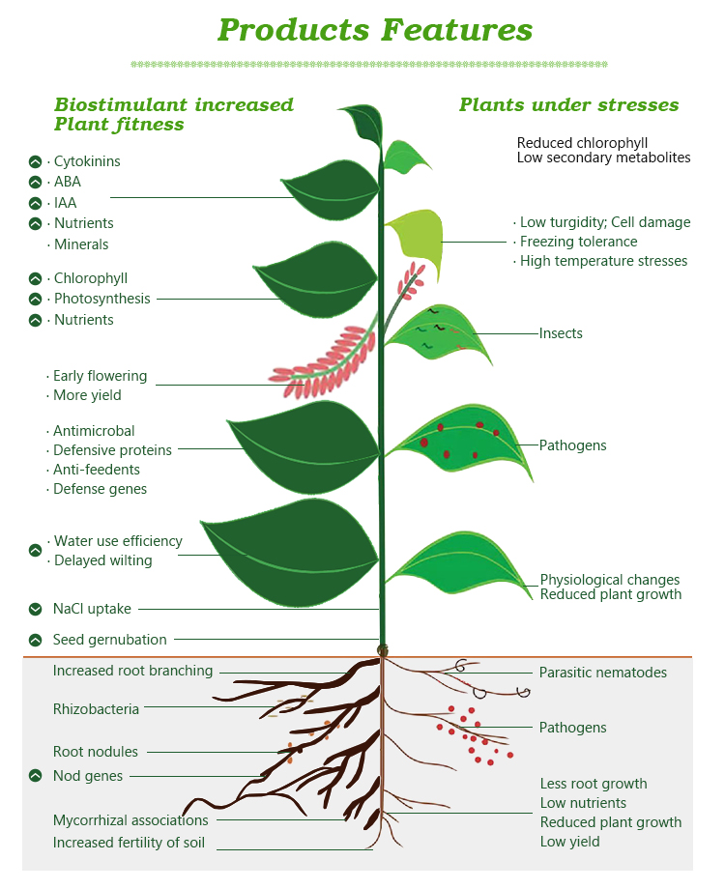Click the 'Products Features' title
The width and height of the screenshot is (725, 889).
pyautogui.click(x=375, y=29)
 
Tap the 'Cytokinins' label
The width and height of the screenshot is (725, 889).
pyautogui.click(x=87, y=161)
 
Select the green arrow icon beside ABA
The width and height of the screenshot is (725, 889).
pyautogui.click(x=36, y=182)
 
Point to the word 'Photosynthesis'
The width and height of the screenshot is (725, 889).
pyautogui.click(x=101, y=299)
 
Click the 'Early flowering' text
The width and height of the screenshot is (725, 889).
pyautogui.click(x=100, y=376)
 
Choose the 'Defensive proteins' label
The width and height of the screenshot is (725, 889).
pyautogui.click(x=112, y=450)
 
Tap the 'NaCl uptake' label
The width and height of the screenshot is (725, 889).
pyautogui.click(x=93, y=609)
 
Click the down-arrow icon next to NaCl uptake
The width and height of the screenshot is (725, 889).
pyautogui.click(x=36, y=609)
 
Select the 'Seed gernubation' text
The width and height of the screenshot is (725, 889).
pyautogui.click(x=110, y=640)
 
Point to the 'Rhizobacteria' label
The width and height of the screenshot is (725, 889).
pyautogui.click(x=96, y=709)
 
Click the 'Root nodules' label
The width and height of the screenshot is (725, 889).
pyautogui.click(x=96, y=752)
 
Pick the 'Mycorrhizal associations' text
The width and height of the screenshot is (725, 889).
pyautogui.click(x=130, y=820)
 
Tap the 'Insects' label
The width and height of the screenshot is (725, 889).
pyautogui.click(x=561, y=333)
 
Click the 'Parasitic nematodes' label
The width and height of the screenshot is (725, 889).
pyautogui.click(x=603, y=673)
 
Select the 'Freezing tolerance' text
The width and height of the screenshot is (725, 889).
pyautogui.click(x=578, y=242)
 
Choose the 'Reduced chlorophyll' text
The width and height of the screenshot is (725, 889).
pyautogui.click(x=582, y=143)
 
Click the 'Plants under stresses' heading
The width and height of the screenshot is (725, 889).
pyautogui.click(x=568, y=105)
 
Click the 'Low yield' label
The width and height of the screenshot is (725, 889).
pyautogui.click(x=569, y=842)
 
